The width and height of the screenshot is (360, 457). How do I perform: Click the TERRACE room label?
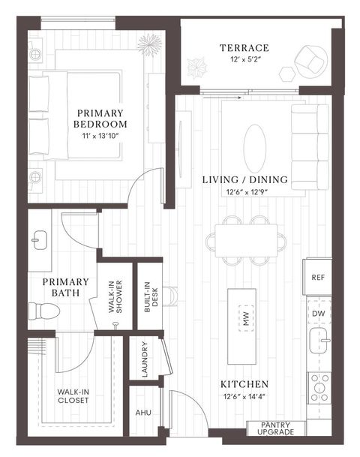coord(244,49)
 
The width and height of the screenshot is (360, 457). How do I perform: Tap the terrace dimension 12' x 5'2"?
coord(244,62)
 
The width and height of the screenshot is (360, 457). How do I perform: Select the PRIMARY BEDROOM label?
coord(101,118)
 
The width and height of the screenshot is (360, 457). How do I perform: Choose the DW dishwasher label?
coord(318,313)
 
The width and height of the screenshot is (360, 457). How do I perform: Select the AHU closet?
coord(143,412)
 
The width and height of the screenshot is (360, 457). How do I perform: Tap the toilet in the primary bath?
coord(40,310)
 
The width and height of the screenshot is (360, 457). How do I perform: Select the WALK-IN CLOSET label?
coord(72,395)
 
